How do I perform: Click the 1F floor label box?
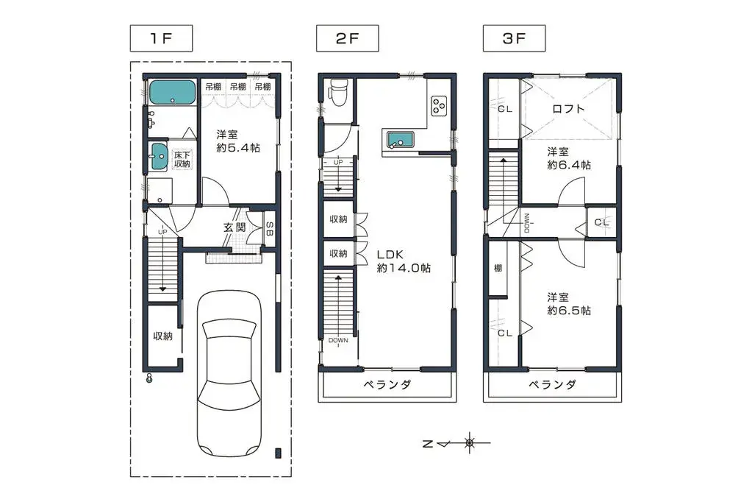coord(161,38)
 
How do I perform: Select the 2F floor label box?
coord(347,38)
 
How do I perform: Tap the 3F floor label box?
coord(514,38)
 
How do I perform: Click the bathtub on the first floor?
coord(172,92)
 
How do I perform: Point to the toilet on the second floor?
coord(339,91)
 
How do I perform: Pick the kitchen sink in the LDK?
coord(400,140)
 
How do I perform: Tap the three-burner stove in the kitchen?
coord(439,106)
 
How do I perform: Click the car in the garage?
coord(230,374)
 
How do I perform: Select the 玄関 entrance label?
coord(234,227)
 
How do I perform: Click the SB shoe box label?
coord(270,229)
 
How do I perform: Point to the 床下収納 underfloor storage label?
coord(182,160)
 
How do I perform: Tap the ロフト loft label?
coord(568,108)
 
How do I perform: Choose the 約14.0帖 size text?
coord(404,268)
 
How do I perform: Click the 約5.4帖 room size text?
coord(238,147)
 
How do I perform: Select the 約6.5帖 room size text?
coord(569,311)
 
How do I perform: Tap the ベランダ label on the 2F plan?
coord(387,384)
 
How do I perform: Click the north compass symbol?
coord(456,443)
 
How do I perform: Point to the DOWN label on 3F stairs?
coord(527,223)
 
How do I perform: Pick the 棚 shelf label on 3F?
coord(498,268)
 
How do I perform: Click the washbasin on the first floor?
coord(158,157)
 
